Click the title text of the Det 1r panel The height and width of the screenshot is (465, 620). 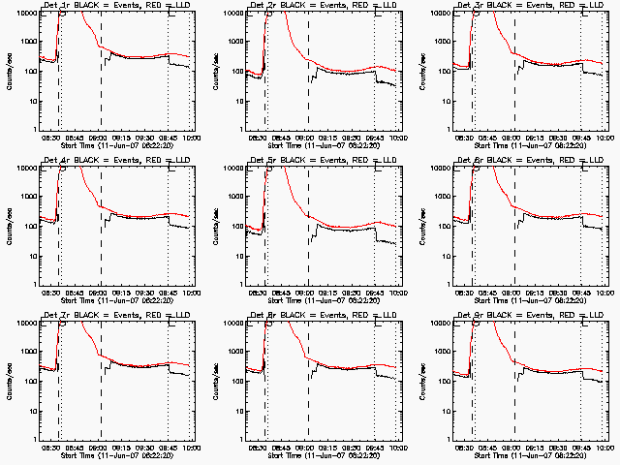pos(113,5)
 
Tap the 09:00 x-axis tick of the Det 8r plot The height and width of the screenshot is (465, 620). pos(306,449)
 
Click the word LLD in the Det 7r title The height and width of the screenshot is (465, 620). pos(177,315)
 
